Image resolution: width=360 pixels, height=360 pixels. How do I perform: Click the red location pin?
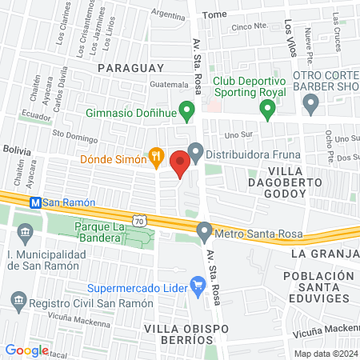click(180, 163)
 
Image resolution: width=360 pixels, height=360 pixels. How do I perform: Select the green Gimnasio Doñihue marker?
click(187, 110)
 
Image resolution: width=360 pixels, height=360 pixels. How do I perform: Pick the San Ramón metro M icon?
click(35, 203)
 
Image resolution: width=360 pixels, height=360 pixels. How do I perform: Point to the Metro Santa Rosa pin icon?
click(205, 234)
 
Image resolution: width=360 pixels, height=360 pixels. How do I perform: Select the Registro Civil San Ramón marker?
click(18, 302)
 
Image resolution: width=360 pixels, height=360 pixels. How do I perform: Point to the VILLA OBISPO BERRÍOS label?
click(178, 329)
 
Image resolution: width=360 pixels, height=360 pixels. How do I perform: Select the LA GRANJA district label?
click(325, 254)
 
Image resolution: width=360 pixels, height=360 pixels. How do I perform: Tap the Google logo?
click(26, 350)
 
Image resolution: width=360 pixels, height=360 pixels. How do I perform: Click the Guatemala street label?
click(168, 85)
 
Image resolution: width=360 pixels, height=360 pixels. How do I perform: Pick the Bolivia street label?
click(17, 150)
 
